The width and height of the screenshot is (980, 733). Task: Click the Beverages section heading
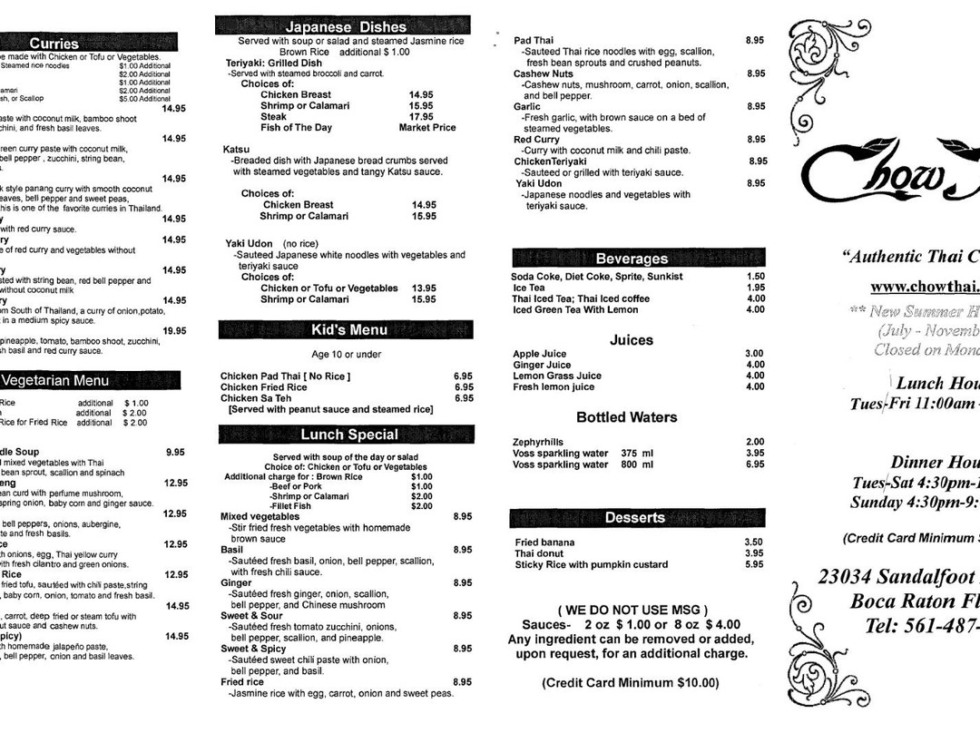[631, 259]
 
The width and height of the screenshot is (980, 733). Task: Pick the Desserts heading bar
[634, 517]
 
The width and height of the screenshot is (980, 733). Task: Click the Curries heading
[54, 43]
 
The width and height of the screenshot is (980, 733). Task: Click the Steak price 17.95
[421, 117]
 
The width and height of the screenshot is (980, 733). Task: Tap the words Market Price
[426, 128]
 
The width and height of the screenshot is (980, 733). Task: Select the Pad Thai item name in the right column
[533, 41]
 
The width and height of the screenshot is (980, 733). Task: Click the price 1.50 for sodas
[755, 277]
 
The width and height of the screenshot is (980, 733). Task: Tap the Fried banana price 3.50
[754, 542]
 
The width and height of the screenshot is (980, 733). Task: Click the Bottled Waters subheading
[626, 417]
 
